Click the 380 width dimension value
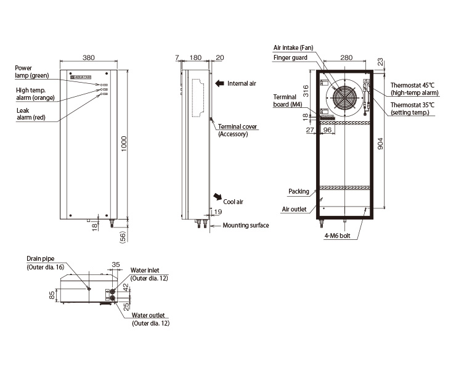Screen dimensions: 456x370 coord(88,57)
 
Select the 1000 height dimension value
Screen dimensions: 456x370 coord(124,144)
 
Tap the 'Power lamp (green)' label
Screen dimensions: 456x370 coord(32,72)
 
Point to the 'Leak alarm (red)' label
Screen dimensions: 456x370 coord(31,114)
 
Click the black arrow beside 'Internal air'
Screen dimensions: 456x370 coord(219,83)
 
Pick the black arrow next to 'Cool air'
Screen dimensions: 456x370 coord(218,197)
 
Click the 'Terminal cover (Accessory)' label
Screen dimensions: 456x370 coord(238,130)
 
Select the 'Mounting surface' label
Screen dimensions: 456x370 coord(246,225)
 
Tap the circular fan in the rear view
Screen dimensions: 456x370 coord(344,98)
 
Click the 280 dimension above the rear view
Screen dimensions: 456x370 coord(346,57)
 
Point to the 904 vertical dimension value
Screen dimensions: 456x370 coord(380,144)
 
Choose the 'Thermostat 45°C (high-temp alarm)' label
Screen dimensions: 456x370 coord(415,89)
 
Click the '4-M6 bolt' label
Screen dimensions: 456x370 coord(337,236)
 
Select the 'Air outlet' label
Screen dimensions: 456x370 coord(294,209)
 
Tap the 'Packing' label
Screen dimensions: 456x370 coord(299,191)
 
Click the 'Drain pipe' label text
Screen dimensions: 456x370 coord(41,258)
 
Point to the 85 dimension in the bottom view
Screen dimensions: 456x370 coord(52,295)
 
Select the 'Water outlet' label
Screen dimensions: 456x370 coord(149,315)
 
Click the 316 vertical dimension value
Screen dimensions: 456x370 coord(305,91)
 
